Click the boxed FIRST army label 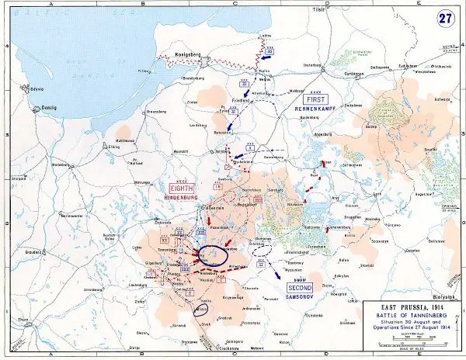(x=315, y=101)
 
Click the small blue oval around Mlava (x=201, y=310)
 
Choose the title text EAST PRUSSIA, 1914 (x=399, y=306)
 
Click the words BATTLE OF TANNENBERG (x=399, y=316)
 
